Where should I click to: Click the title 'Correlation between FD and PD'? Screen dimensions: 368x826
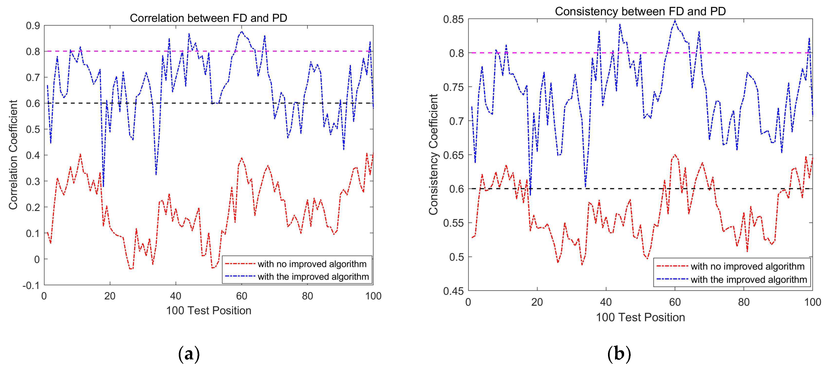[208, 18]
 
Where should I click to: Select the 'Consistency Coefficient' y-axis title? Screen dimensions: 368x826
[433, 154]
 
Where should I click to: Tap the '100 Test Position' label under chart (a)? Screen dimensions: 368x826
[208, 310]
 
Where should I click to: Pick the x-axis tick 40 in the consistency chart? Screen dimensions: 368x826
[606, 302]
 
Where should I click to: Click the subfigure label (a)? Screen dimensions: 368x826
[189, 354]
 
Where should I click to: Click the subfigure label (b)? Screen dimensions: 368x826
[619, 354]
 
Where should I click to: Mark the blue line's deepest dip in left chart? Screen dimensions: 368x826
[103, 186]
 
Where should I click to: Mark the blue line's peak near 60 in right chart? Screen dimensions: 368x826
[675, 21]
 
